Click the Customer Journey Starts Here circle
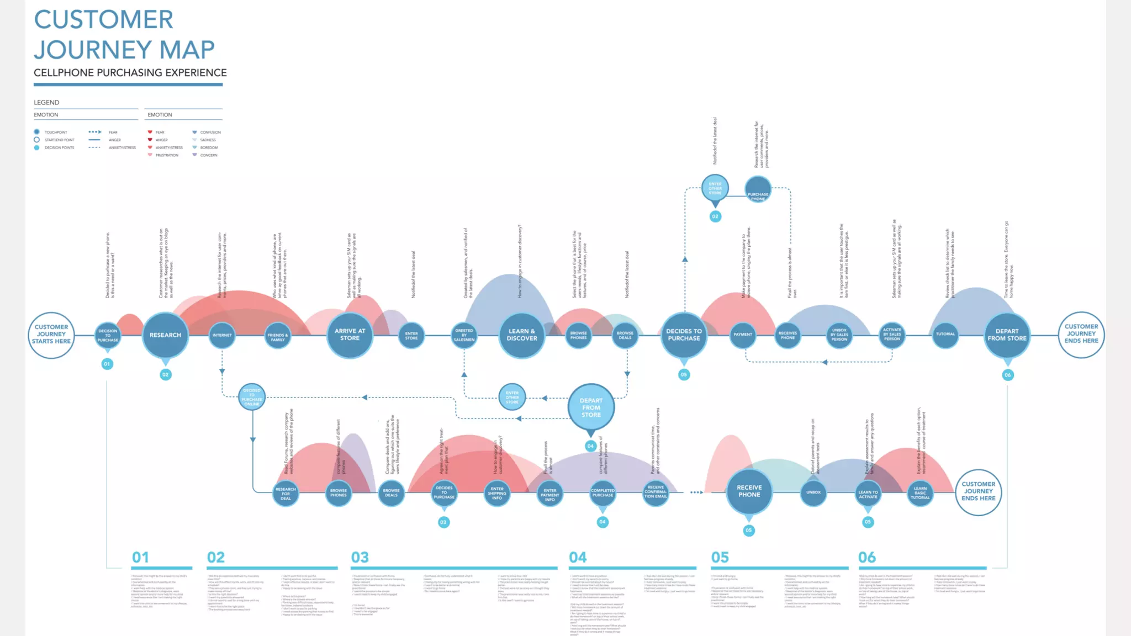click(51, 335)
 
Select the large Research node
click(165, 335)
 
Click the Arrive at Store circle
click(350, 335)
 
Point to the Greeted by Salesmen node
click(464, 335)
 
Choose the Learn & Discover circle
click(521, 335)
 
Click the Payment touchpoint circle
click(743, 335)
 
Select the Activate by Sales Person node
click(892, 335)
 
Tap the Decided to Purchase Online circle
click(252, 397)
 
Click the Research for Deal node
click(286, 494)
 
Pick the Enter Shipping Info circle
click(497, 494)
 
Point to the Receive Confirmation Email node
click(656, 492)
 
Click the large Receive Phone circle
click(749, 491)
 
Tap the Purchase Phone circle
click(758, 190)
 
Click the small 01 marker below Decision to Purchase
click(107, 364)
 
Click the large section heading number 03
click(360, 558)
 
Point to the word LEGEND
click(46, 103)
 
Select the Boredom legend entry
click(208, 147)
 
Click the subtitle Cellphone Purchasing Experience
click(130, 73)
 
